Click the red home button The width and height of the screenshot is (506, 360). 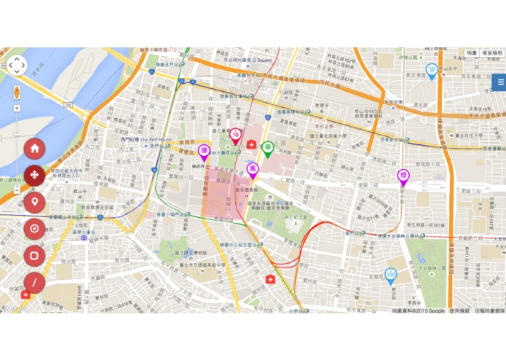pos(34,149)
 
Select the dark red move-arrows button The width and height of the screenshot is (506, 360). pos(34,176)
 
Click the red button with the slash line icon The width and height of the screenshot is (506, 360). pos(34,283)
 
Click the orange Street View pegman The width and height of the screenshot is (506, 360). pos(17,92)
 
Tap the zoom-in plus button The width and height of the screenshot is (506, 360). pos(17,108)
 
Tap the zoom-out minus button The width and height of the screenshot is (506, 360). pos(17,189)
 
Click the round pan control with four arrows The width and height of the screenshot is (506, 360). pos(17,66)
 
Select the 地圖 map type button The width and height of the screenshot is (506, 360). pos(472,53)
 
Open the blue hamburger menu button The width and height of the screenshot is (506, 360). pos(499,82)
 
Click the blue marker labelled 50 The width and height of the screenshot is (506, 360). pos(432,70)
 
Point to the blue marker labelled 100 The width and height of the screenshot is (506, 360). pos(390,276)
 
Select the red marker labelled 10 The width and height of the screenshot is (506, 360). pos(236,135)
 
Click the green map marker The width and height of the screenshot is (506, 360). pos(269,149)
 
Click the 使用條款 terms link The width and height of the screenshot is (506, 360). pos(460,311)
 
